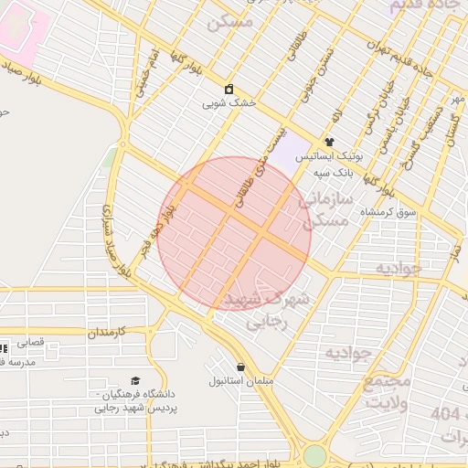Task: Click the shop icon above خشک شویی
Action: (x=229, y=90)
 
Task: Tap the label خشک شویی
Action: (x=229, y=104)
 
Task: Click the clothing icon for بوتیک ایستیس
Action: (x=329, y=143)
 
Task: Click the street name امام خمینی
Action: (x=148, y=69)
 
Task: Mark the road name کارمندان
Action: (x=117, y=334)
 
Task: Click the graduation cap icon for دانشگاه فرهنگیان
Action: (x=135, y=380)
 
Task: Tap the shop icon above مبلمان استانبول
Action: (x=241, y=367)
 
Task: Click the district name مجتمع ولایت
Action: (x=387, y=391)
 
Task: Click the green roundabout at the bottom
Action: (x=314, y=455)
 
